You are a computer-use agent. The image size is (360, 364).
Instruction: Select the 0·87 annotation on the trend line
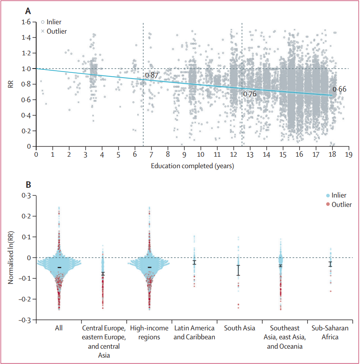click(x=151, y=75)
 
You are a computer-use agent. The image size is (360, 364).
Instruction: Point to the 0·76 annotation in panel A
click(x=250, y=94)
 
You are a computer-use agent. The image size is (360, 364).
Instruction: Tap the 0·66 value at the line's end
click(x=340, y=89)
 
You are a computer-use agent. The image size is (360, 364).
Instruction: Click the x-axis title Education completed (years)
click(x=192, y=165)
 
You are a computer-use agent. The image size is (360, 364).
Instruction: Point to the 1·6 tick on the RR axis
click(x=26, y=22)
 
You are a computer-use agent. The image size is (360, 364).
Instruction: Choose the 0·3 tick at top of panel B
click(x=26, y=195)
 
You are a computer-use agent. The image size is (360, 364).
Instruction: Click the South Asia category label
click(x=239, y=328)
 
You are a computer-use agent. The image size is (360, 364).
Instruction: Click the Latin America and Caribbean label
click(x=194, y=332)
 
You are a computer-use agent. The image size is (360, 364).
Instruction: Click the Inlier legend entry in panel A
click(x=53, y=22)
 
